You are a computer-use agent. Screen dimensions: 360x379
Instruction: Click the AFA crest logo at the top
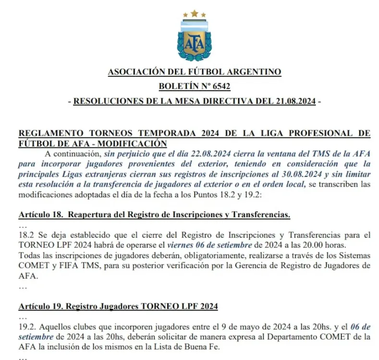click(195, 38)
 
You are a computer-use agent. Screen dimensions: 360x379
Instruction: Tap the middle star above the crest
click(195, 13)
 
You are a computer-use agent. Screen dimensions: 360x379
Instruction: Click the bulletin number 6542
click(220, 87)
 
